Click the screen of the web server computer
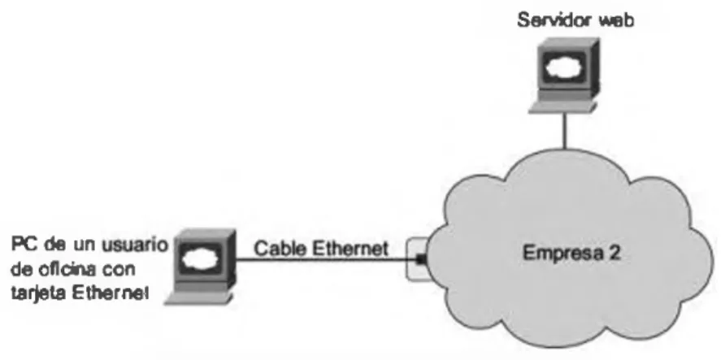(563, 68)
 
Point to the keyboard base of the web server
(562, 107)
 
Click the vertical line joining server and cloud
(565, 131)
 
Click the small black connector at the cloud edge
(420, 260)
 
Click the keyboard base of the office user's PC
(198, 299)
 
